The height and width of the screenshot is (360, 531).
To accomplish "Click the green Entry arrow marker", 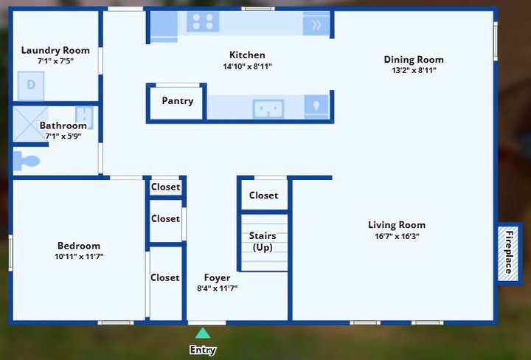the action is pyautogui.click(x=203, y=333).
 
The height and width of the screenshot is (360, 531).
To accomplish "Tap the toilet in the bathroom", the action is pyautogui.click(x=26, y=161).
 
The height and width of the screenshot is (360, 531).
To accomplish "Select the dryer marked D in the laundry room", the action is pyautogui.click(x=31, y=86).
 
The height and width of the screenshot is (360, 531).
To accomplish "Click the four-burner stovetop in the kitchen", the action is pyautogui.click(x=203, y=21).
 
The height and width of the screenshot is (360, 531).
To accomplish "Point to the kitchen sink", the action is pyautogui.click(x=268, y=108).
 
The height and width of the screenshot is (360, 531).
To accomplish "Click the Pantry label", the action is pyautogui.click(x=178, y=101).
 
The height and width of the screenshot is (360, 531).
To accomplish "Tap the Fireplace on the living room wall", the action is pyautogui.click(x=508, y=253).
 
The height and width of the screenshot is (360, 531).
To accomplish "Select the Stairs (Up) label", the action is pyautogui.click(x=263, y=241).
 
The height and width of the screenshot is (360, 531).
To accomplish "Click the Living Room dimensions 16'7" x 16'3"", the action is pyautogui.click(x=397, y=236).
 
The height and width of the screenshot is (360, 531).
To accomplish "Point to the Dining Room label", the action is pyautogui.click(x=414, y=60).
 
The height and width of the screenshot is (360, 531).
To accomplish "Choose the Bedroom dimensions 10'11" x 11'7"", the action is pyautogui.click(x=79, y=257).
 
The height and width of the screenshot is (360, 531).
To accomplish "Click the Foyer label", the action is pyautogui.click(x=217, y=277).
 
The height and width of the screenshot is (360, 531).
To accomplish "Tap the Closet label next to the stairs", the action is pyautogui.click(x=263, y=195).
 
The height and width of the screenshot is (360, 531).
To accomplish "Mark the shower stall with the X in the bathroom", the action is pyautogui.click(x=30, y=124).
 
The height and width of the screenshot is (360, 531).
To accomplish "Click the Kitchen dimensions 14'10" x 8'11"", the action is pyautogui.click(x=247, y=66).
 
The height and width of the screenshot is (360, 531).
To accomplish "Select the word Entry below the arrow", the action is pyautogui.click(x=203, y=350).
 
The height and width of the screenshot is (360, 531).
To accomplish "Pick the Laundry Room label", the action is pyautogui.click(x=55, y=50).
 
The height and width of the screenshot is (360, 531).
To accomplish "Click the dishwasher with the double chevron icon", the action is pyautogui.click(x=316, y=24).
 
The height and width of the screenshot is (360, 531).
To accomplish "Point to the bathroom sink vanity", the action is pyautogui.click(x=84, y=116).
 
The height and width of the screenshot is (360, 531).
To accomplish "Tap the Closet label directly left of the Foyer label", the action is pyautogui.click(x=165, y=277).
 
